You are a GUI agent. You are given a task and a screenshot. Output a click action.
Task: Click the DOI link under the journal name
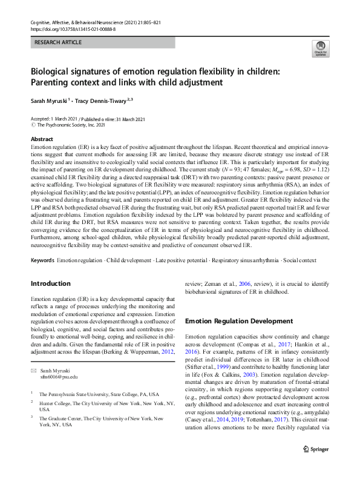(73, 28)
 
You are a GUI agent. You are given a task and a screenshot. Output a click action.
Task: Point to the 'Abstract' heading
(42, 139)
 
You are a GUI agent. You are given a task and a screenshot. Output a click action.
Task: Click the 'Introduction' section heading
(51, 283)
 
